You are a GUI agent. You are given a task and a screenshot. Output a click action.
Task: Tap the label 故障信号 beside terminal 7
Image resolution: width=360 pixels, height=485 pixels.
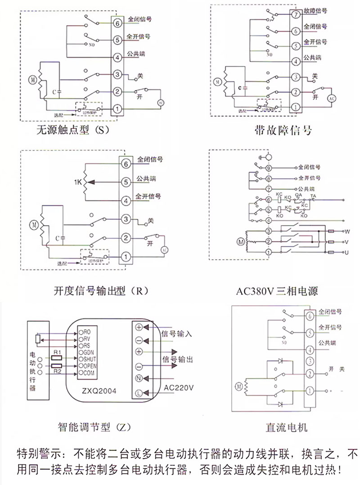point(315,11)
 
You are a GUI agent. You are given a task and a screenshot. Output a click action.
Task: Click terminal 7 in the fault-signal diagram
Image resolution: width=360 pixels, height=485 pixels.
point(296,14)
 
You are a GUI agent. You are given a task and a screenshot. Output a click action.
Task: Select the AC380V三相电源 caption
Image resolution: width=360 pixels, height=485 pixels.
point(277,291)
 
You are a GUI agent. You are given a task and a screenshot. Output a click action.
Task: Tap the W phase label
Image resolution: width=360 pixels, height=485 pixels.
point(347,231)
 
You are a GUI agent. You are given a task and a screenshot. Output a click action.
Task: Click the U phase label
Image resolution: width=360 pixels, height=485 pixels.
point(347,254)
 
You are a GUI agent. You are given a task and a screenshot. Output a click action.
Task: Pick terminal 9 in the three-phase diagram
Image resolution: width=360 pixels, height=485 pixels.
point(268,168)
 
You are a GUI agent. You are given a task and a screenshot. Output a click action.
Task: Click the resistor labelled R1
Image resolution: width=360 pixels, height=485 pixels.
point(57,358)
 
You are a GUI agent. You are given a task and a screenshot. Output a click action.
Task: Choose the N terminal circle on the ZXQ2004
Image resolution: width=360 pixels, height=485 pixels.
point(139,379)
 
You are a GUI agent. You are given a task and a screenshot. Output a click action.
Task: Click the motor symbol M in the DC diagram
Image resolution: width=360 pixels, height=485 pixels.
point(239,386)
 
